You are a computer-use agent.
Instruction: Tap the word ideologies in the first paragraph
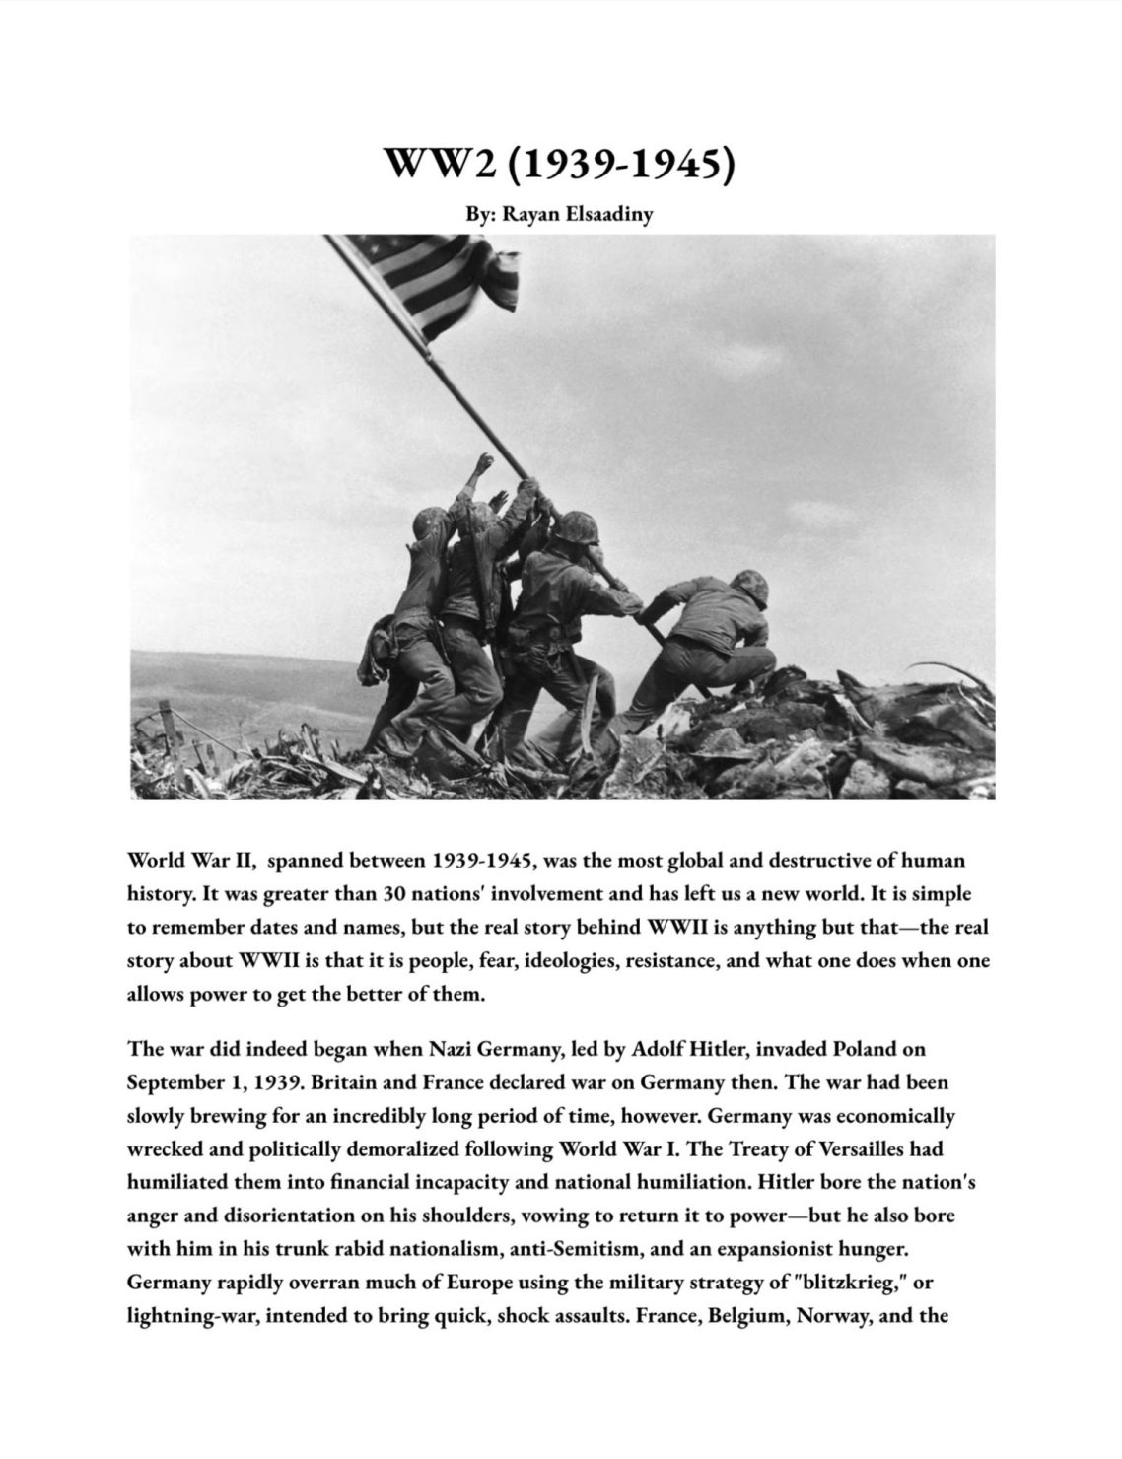coord(566,960)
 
